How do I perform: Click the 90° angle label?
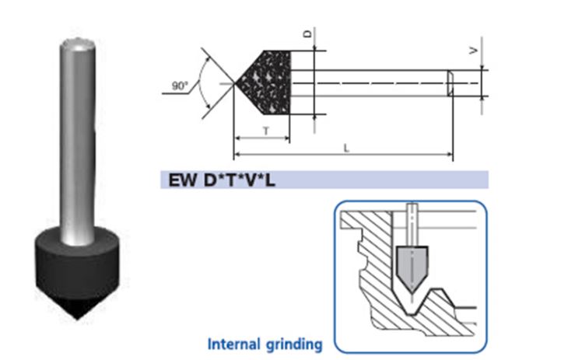pyautogui.click(x=180, y=86)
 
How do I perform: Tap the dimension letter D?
pyautogui.click(x=308, y=34)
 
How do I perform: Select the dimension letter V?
pyautogui.click(x=474, y=51)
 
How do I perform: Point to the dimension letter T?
pyautogui.click(x=266, y=131)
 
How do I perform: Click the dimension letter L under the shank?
pyautogui.click(x=346, y=148)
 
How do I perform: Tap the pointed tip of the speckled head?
pyautogui.click(x=236, y=84)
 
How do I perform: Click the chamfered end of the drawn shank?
pyautogui.click(x=451, y=83)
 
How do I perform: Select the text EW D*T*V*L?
pyautogui.click(x=222, y=180)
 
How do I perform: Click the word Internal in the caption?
pyautogui.click(x=234, y=344)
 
